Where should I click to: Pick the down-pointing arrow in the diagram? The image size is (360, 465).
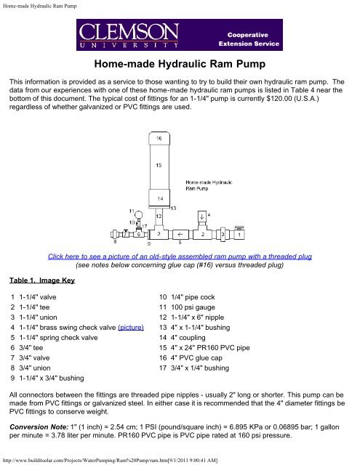[x=201, y=215]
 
